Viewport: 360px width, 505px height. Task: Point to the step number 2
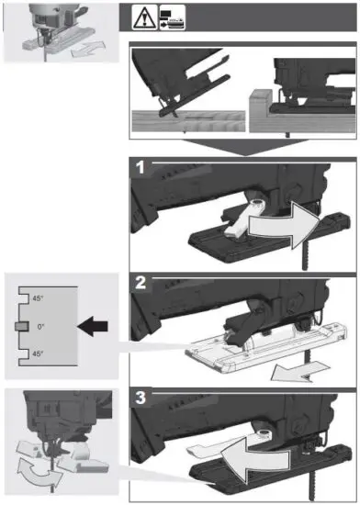[140, 282]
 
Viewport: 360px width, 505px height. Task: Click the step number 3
[140, 397]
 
